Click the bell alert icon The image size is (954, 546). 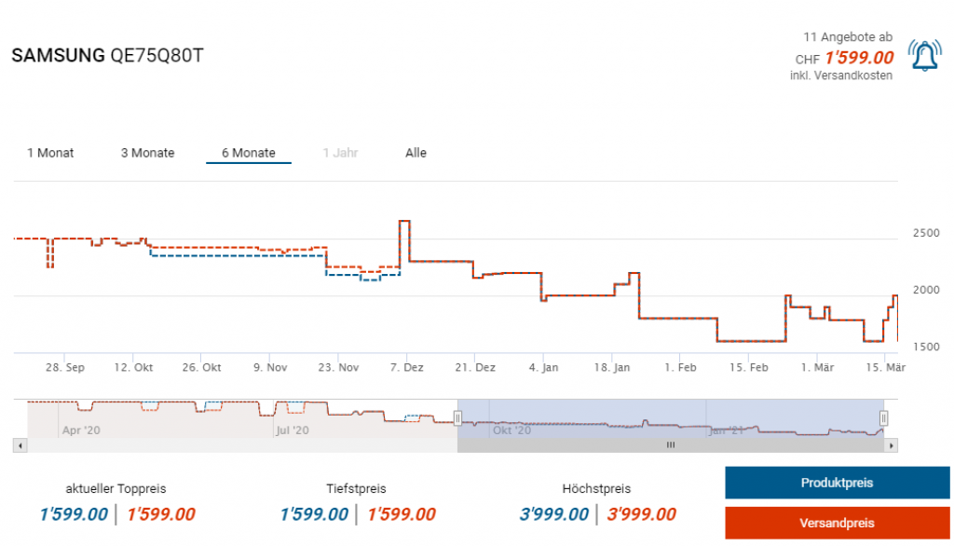[924, 57]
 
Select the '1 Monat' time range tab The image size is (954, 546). [50, 153]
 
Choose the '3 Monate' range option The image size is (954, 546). [147, 153]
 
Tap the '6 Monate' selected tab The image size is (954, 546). [248, 153]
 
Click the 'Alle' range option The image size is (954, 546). [416, 153]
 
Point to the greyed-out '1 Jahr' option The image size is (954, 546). [340, 153]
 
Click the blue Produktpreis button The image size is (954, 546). [837, 483]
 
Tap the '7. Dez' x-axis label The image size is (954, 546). [406, 368]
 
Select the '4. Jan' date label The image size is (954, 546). [543, 368]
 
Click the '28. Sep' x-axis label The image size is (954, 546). [65, 368]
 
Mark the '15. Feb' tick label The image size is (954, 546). [750, 368]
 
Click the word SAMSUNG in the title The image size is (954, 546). [58, 56]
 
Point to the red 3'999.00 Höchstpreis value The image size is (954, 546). [641, 514]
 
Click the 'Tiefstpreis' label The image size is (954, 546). [356, 488]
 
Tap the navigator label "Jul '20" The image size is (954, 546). [292, 430]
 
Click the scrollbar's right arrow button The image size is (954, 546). [892, 445]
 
